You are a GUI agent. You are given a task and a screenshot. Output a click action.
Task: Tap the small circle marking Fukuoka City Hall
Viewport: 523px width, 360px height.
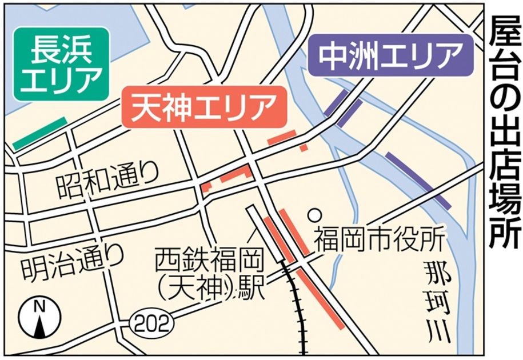[x=313, y=215]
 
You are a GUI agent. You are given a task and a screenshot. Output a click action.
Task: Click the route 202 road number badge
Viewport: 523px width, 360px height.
[x=151, y=324]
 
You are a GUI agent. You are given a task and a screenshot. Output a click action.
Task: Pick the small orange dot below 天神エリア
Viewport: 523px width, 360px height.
[x=304, y=147]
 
